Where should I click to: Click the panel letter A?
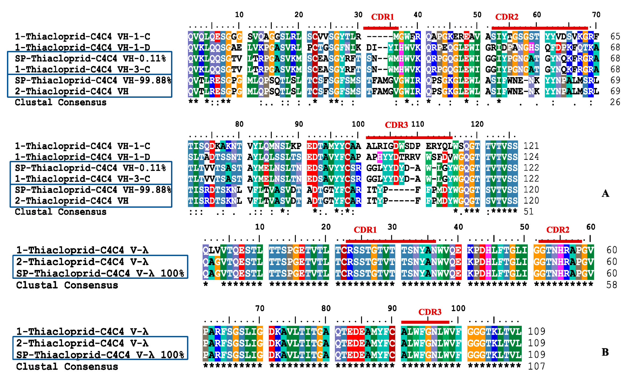point(605,193)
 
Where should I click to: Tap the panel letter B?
point(605,352)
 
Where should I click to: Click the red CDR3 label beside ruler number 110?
point(396,125)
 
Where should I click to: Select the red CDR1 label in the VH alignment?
point(382,17)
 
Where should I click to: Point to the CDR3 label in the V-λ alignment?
point(430,312)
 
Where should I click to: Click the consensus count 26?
point(615,102)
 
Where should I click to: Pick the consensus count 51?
point(528,212)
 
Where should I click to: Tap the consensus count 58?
point(612,285)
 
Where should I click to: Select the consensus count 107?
point(537,366)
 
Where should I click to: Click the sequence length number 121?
point(531,146)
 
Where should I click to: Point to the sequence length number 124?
point(531,157)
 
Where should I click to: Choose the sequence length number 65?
point(615,37)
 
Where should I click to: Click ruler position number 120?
point(477,124)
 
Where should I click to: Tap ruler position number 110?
point(418,124)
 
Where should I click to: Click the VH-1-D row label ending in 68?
point(82,48)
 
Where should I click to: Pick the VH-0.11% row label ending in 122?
point(90,168)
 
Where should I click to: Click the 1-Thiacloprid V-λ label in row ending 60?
point(82,250)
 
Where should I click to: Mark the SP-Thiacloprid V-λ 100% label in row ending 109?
point(100,355)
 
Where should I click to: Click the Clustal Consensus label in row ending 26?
point(60,102)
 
